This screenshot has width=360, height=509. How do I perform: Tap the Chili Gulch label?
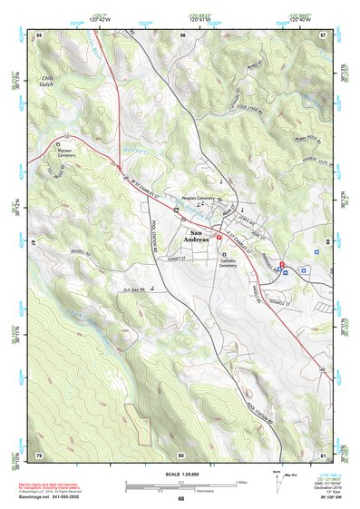(x=48, y=83)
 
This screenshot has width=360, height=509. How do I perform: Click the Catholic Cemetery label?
(x=228, y=262)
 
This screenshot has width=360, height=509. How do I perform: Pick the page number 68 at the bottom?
(x=180, y=498)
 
